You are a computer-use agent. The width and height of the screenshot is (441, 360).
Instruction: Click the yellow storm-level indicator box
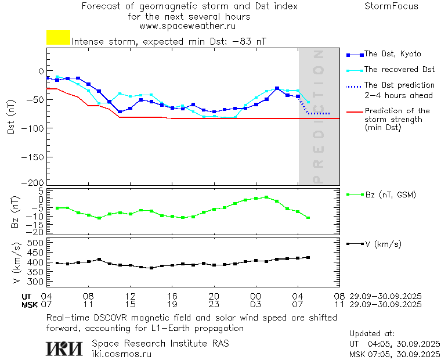click(x=58, y=38)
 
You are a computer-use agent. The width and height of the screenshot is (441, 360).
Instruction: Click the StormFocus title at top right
click(x=391, y=6)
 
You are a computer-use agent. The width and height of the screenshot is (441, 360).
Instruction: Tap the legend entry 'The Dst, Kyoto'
click(x=392, y=54)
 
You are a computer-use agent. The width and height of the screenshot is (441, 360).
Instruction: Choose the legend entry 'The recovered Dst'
click(x=399, y=70)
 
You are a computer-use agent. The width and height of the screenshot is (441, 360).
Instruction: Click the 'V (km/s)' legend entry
click(x=382, y=244)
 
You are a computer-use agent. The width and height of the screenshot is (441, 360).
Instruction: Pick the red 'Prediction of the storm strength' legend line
click(x=355, y=111)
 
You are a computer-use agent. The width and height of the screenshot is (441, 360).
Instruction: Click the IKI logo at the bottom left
click(x=65, y=348)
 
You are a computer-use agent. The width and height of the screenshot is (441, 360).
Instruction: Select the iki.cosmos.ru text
click(x=121, y=354)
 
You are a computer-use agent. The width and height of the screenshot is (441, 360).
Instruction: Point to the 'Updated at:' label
click(x=371, y=334)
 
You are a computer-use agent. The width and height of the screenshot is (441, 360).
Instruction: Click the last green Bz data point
click(x=308, y=218)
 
